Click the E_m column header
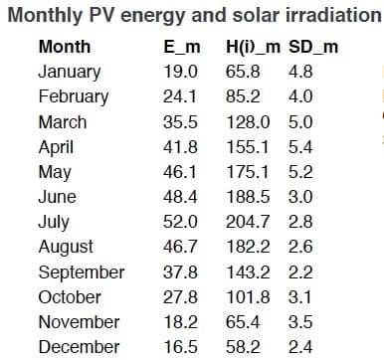coord(182,47)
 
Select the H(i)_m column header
coord(253,47)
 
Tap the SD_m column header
coord(313,47)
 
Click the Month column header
coord(65,46)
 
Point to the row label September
coord(82,272)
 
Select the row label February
coord(74,96)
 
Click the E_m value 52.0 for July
coord(180,222)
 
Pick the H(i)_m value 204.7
coord(248,222)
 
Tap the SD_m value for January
coord(300,72)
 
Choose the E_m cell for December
coord(180,347)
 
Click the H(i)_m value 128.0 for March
coord(248,121)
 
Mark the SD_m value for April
coord(300,146)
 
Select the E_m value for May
coord(180,172)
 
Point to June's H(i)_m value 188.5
coord(248,197)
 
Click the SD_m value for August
coord(300,247)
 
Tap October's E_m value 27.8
coord(180,297)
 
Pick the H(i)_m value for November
coord(243,322)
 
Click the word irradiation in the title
coord(333,15)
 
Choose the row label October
coord(70,297)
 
